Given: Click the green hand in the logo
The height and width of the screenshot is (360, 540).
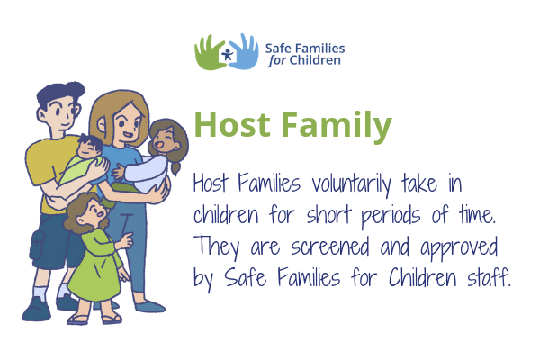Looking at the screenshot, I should [x=209, y=54].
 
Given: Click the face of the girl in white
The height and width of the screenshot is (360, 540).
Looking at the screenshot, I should [x=166, y=139].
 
